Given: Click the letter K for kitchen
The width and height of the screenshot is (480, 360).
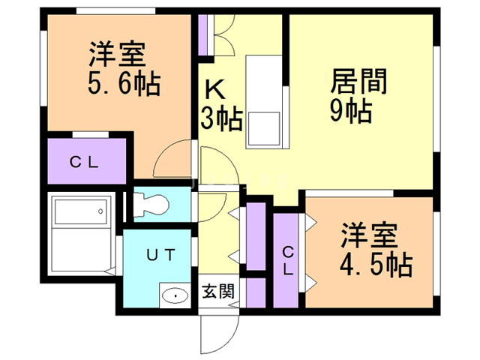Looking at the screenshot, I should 215,90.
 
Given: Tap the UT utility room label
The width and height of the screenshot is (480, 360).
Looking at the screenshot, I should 160,255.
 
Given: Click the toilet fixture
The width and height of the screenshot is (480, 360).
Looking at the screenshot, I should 154,203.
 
